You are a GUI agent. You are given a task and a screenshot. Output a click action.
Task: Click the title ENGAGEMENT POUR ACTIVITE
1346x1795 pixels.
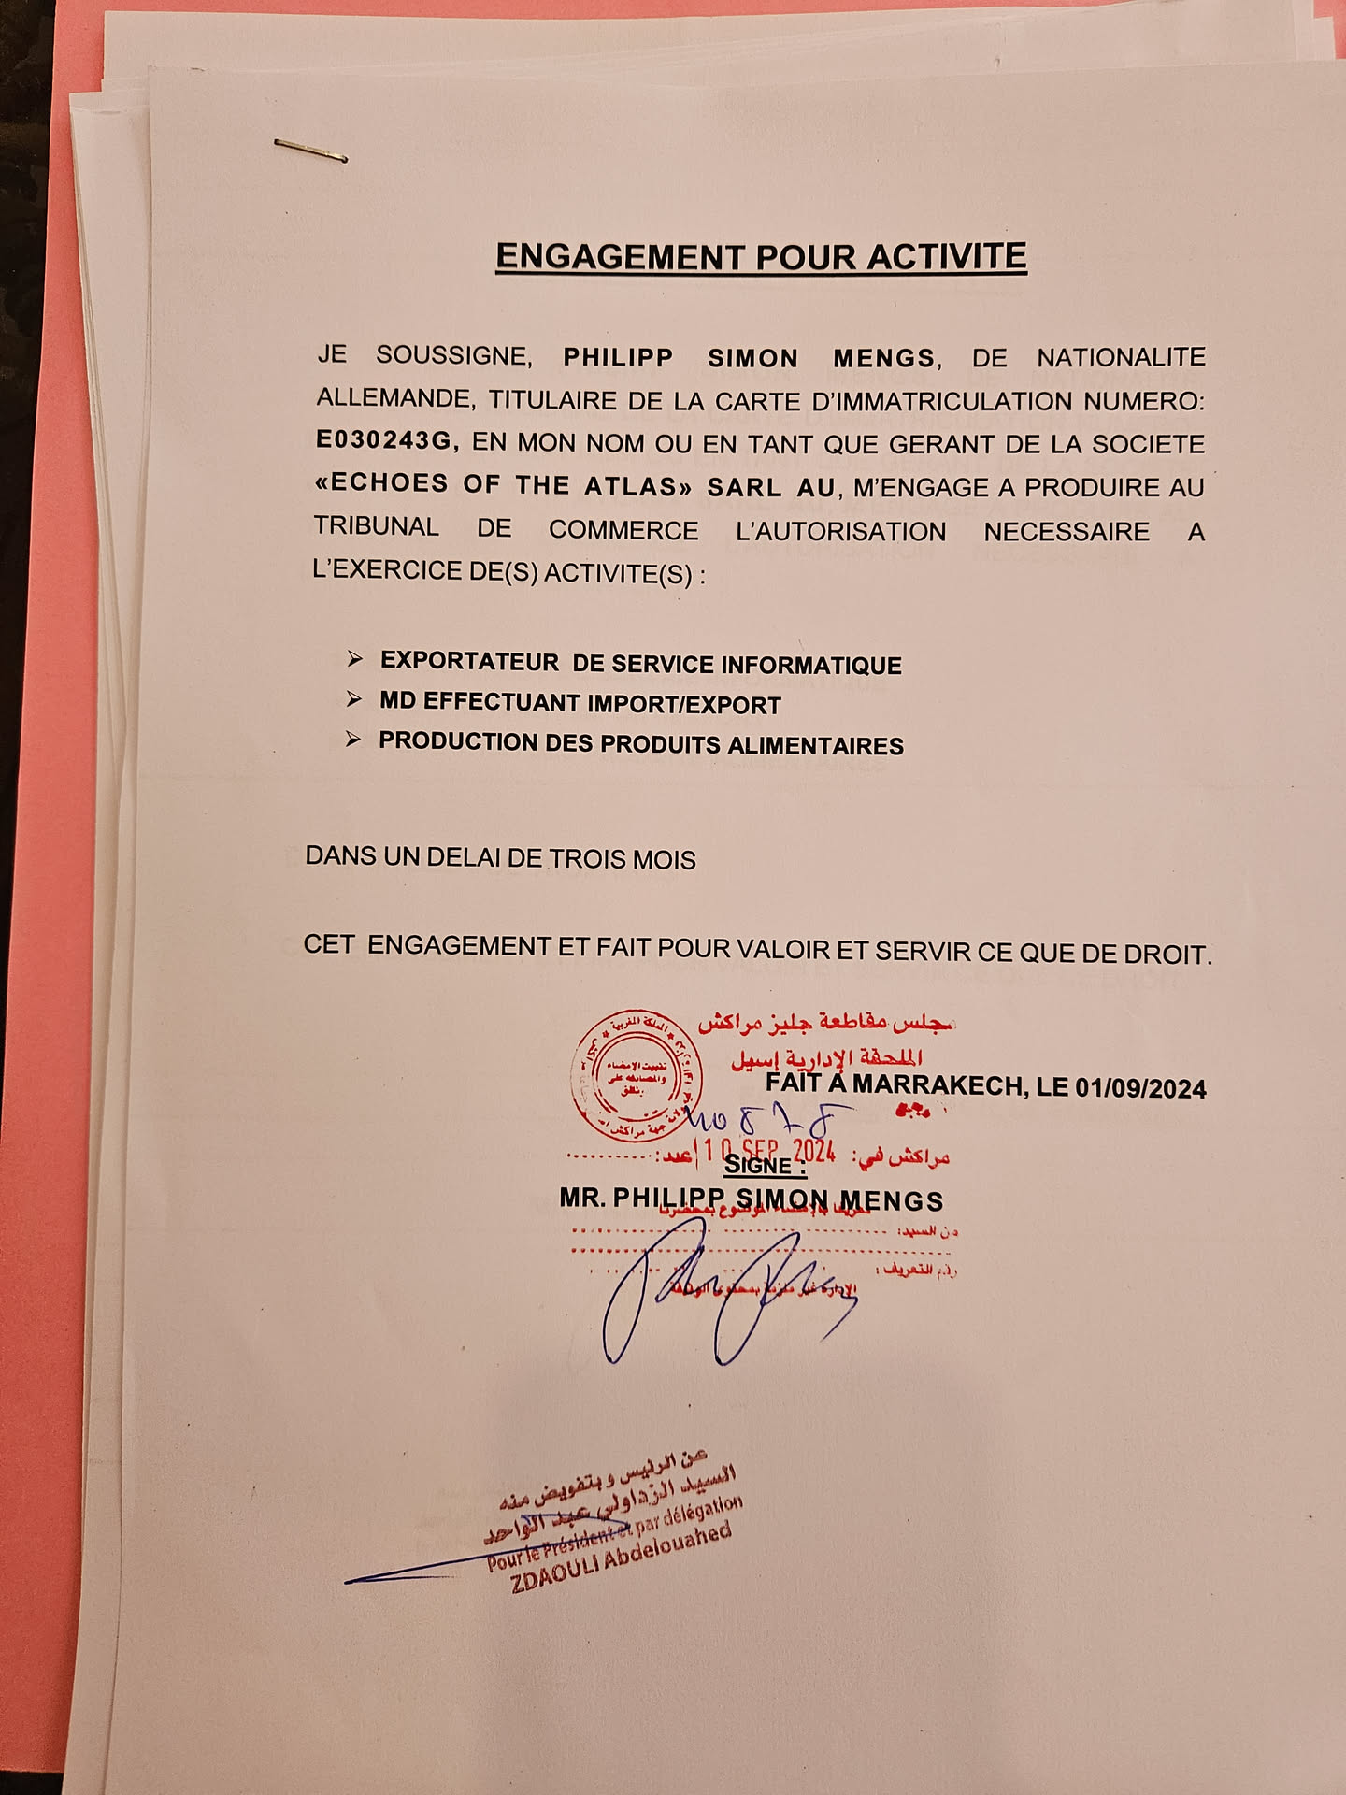761,256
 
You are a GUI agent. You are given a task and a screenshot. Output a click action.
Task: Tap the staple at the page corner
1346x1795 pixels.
311,150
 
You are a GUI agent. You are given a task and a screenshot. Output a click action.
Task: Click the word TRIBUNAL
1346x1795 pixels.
376,526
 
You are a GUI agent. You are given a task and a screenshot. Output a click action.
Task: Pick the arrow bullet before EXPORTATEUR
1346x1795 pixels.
355,659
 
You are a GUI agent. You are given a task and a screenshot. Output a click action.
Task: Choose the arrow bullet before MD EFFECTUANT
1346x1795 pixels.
354,699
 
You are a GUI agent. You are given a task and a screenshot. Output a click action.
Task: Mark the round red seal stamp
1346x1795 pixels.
637,1076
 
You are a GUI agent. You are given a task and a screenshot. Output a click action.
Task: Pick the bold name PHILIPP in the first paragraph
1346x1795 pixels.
618,358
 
